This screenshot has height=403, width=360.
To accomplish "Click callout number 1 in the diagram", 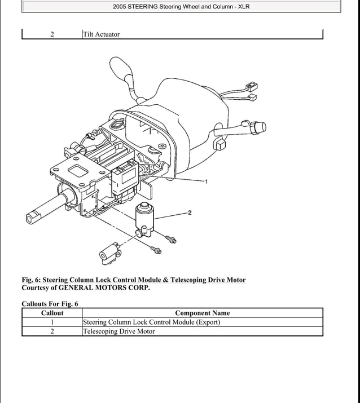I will (207, 181).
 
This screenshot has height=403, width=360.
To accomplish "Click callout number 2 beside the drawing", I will (190, 212).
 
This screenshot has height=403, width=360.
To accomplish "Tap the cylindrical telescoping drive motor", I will (146, 215).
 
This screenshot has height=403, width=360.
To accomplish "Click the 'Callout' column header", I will (52, 313).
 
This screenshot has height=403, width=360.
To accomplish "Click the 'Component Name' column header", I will (202, 313).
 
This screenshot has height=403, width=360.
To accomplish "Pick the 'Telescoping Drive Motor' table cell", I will (119, 331).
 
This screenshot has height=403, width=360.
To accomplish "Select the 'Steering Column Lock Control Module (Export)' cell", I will (151, 322).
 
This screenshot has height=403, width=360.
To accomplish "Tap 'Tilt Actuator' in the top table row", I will (102, 34).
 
